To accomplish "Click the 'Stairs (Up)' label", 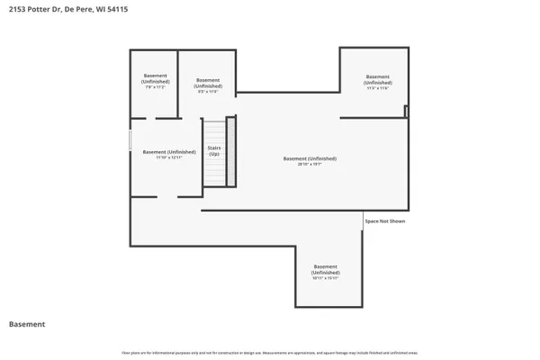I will pyautogui.click(x=214, y=151).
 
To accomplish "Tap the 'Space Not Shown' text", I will pyautogui.click(x=384, y=220).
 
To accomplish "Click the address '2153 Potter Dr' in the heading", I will pyautogui.click(x=34, y=9).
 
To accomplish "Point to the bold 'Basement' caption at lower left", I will pyautogui.click(x=27, y=324).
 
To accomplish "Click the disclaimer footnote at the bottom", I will pyautogui.click(x=270, y=351).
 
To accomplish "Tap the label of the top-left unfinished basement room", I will pyautogui.click(x=154, y=83).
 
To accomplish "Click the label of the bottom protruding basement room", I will pyautogui.click(x=326, y=269).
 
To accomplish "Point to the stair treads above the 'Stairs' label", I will pyautogui.click(x=214, y=130).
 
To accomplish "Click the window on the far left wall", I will pyautogui.click(x=131, y=140).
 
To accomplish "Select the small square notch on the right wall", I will pyautogui.click(x=406, y=112).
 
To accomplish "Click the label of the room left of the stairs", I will pyautogui.click(x=168, y=153).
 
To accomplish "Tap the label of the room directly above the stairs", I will pyautogui.click(x=208, y=83).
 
